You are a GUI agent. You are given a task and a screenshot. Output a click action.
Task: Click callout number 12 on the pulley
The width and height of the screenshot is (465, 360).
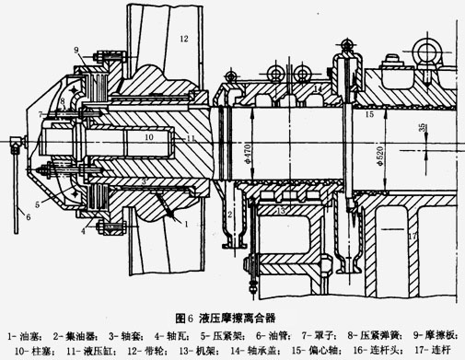(183, 39)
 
